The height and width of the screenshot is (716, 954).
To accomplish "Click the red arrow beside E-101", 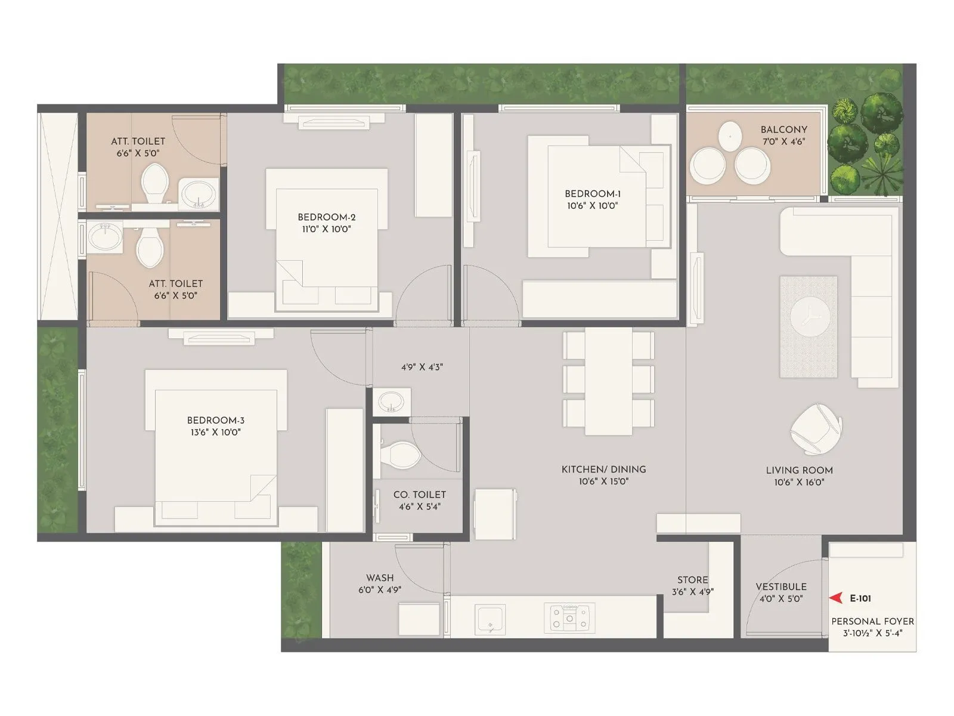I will coord(837,598).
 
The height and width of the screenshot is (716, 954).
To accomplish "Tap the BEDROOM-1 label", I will coord(592,194).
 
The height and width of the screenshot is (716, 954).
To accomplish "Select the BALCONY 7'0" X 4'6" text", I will coord(783,135).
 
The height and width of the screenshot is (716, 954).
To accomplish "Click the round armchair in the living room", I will coord(815,428).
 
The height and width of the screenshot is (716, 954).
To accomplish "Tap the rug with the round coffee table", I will coord(809,326).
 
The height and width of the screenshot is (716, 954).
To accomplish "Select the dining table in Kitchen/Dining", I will coord(608,381).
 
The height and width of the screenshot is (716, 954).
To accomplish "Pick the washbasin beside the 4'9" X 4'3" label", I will coord(391,401).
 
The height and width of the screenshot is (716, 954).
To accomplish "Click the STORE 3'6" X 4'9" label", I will coord(692,585).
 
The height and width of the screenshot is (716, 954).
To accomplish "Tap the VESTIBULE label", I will coord(780,587).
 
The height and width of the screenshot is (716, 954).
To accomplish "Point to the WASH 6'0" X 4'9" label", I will coord(380,584).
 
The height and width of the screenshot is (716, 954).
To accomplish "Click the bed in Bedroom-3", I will coord(216,447).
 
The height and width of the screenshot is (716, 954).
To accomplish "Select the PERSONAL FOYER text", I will coord(872,621).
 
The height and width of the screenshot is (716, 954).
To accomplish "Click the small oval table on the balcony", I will coord(730,135).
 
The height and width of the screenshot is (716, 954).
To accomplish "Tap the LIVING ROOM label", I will coord(799,470).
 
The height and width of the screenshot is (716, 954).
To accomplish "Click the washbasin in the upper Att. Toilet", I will coord(199,193).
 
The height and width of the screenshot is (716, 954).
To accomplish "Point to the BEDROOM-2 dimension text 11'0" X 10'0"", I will coord(326,229).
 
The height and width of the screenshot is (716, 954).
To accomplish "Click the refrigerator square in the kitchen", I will coord(494,514).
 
